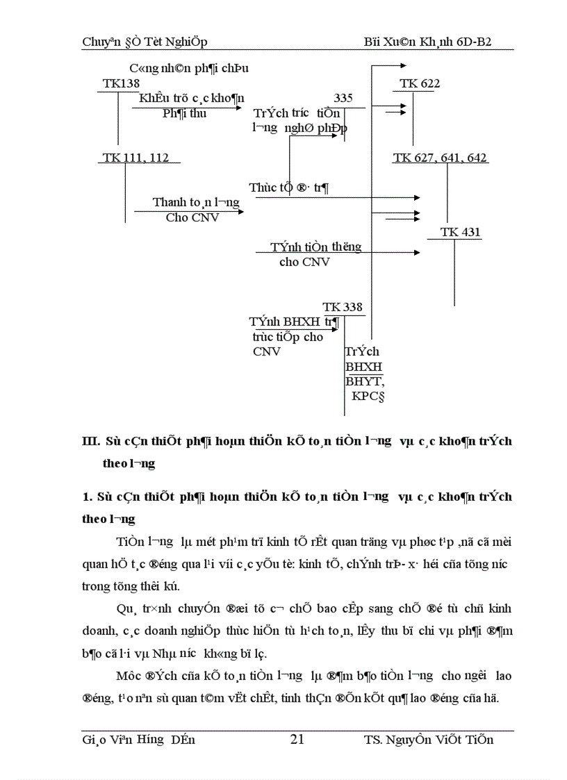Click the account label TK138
coord(121,84)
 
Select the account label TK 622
coord(420,84)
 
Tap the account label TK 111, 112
coord(135,158)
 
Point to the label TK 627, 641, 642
coord(440,158)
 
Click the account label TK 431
coord(461,233)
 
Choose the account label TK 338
coord(343,308)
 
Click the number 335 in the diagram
coord(343,98)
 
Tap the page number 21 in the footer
coord(297,740)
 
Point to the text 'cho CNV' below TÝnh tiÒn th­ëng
coord(304,262)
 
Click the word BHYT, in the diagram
coord(365,381)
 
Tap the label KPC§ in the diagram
coord(368,397)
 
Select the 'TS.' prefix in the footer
coord(372,740)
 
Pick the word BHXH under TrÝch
coord(363,367)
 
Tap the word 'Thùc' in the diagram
coord(263,188)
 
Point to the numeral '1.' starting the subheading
coord(88,497)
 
